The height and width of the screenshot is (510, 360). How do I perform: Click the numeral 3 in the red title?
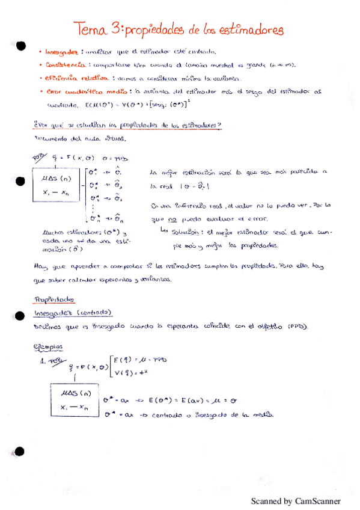click(x=118, y=28)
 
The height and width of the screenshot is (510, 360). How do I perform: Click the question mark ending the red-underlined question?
click(x=220, y=125)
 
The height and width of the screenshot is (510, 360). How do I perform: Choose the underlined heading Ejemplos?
click(x=48, y=347)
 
